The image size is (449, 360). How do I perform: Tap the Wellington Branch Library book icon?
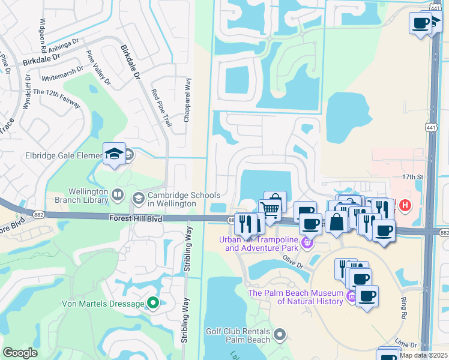point(118,195)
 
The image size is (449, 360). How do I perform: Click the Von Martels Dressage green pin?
point(153,303)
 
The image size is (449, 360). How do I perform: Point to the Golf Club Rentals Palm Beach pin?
point(279,334)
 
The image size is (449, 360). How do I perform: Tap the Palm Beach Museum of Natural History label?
point(296,297)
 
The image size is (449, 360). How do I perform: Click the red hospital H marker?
point(405,205)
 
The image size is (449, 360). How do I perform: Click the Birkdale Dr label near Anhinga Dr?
point(42,60)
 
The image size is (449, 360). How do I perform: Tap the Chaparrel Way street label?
point(187,100)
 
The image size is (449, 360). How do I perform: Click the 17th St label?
point(413,177)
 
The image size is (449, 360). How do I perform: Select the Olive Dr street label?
point(293,261)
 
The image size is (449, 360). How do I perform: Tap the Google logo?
point(20,353)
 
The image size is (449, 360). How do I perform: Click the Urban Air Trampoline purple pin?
point(307,242)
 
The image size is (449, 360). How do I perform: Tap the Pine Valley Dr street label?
point(99,67)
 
